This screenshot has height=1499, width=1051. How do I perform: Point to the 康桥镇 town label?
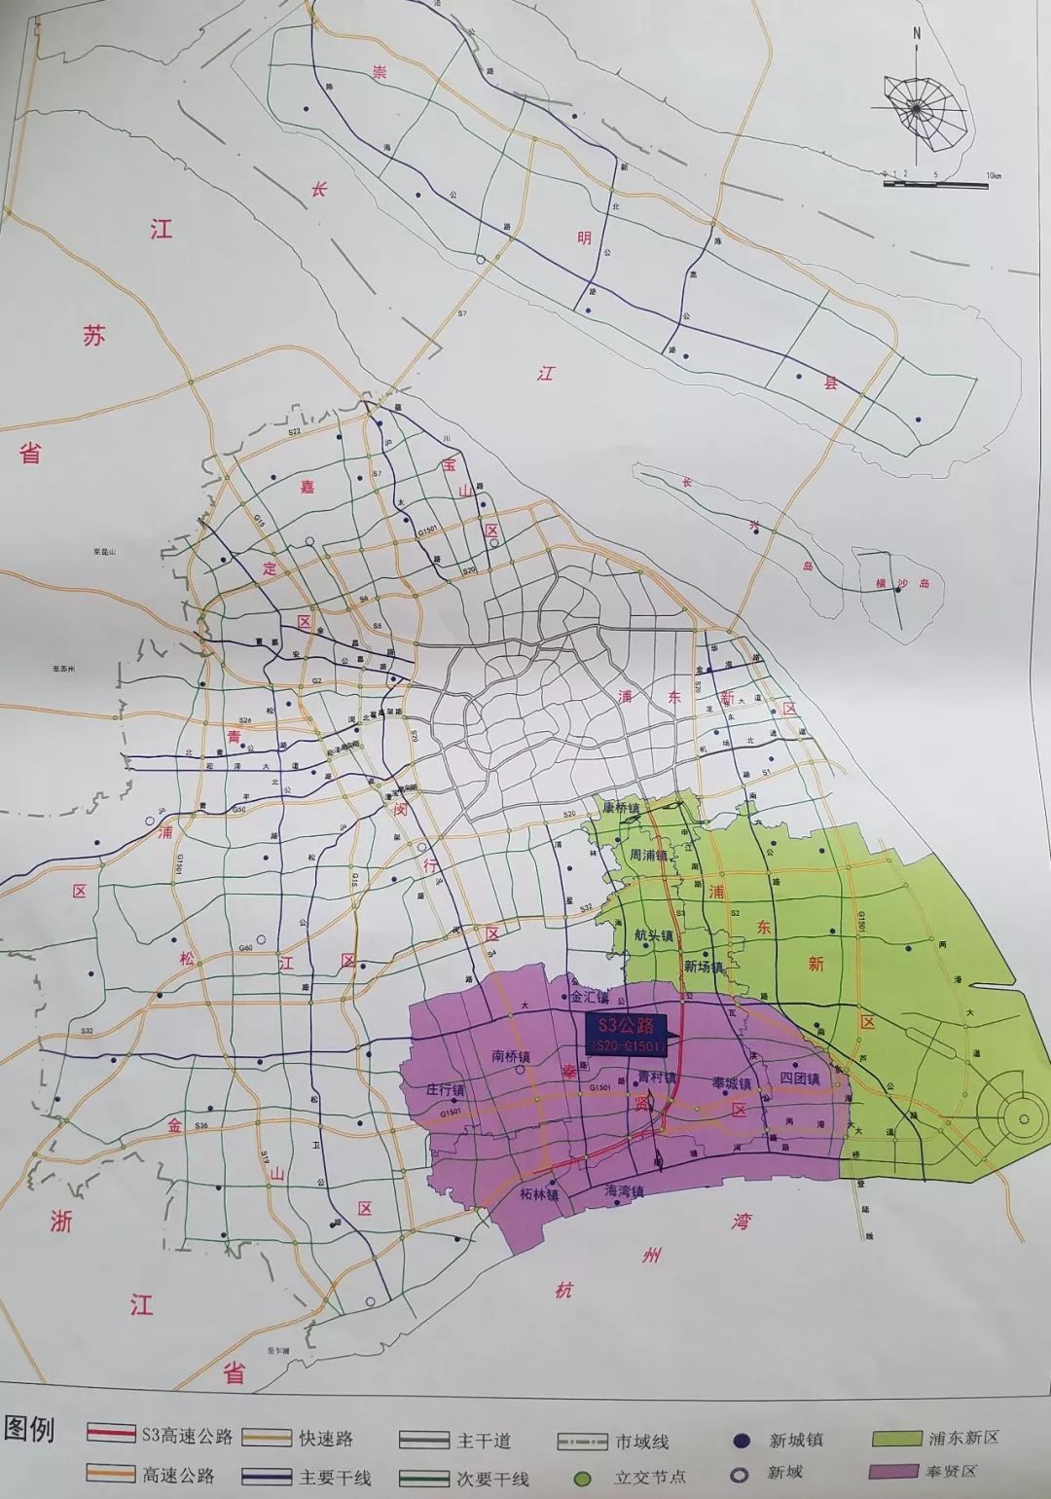(621, 808)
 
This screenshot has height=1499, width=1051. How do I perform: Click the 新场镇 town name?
(704, 968)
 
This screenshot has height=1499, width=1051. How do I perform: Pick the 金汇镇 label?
(589, 997)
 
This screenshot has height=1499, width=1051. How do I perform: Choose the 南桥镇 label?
(511, 1056)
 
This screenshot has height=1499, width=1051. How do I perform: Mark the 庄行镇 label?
(446, 1091)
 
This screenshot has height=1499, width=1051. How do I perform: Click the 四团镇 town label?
(800, 1079)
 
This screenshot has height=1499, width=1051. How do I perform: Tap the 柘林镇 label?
(539, 1194)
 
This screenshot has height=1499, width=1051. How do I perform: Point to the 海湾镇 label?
(624, 1191)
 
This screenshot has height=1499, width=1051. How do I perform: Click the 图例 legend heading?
(29, 1429)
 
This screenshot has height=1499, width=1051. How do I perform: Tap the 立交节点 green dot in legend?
(583, 1478)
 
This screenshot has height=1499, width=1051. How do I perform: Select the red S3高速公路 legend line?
(110, 1434)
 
